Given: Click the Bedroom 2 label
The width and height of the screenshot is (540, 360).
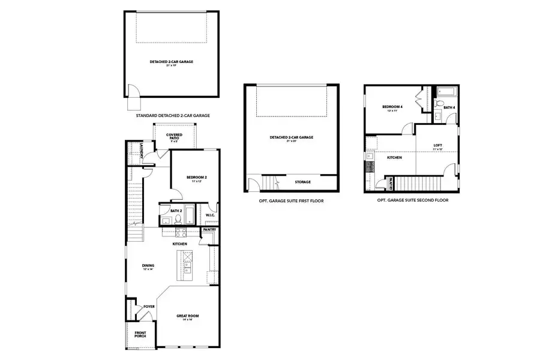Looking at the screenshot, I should (196, 178).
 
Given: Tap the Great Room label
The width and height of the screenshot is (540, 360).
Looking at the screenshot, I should (187, 317).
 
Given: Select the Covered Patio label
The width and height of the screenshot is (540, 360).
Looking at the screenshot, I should (174, 137).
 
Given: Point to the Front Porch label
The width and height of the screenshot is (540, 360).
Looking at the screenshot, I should (140, 335).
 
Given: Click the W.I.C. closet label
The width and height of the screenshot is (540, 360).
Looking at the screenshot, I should (210, 215).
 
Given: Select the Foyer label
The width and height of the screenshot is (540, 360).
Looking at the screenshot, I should (149, 306).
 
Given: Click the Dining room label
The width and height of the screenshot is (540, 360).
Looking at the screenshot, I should (148, 266).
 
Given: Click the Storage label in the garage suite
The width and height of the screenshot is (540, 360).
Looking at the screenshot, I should (302, 181).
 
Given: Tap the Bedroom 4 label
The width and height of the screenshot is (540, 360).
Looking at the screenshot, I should (393, 109).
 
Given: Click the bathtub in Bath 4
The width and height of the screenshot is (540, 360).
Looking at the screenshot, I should (446, 92).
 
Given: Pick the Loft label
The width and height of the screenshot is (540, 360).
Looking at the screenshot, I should (438, 146).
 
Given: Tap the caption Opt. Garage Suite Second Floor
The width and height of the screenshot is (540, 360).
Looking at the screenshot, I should (412, 200).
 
